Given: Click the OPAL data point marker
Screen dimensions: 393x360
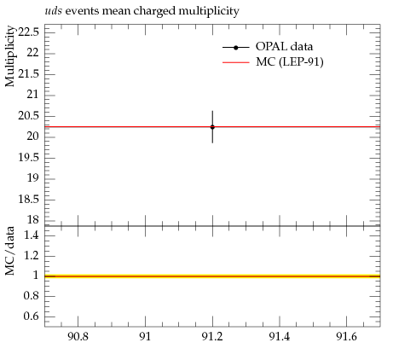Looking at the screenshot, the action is click(212, 127).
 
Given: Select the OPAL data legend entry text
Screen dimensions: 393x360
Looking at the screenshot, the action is click(284, 46).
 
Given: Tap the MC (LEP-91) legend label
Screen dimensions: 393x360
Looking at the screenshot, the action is click(290, 61).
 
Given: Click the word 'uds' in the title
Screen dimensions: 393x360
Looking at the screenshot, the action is click(53, 11).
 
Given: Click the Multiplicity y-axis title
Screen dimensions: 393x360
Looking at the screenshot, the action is click(9, 56).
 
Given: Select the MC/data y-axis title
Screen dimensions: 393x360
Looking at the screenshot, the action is click(9, 251).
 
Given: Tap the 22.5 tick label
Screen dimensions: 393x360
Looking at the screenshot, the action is click(28, 32).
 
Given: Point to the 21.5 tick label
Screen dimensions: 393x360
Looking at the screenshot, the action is click(28, 74).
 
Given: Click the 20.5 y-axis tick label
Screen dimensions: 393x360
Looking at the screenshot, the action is click(28, 116).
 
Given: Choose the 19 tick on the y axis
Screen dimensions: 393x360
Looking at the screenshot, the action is click(32, 178).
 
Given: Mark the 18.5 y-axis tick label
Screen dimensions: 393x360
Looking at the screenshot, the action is click(28, 199).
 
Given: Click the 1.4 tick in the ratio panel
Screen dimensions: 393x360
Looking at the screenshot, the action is click(31, 235).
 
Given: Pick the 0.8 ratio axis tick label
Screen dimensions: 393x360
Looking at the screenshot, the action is click(31, 296).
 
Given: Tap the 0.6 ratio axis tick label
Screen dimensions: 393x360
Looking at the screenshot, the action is click(31, 316).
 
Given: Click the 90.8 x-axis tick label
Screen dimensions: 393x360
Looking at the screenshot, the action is click(78, 337).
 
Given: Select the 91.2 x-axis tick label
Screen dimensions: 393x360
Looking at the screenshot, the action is click(212, 337).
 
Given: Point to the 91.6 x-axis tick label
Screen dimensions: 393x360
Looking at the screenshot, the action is click(346, 337).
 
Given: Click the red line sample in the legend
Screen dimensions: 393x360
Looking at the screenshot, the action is click(236, 62).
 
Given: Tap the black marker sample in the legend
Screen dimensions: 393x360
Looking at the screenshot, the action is click(236, 48).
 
